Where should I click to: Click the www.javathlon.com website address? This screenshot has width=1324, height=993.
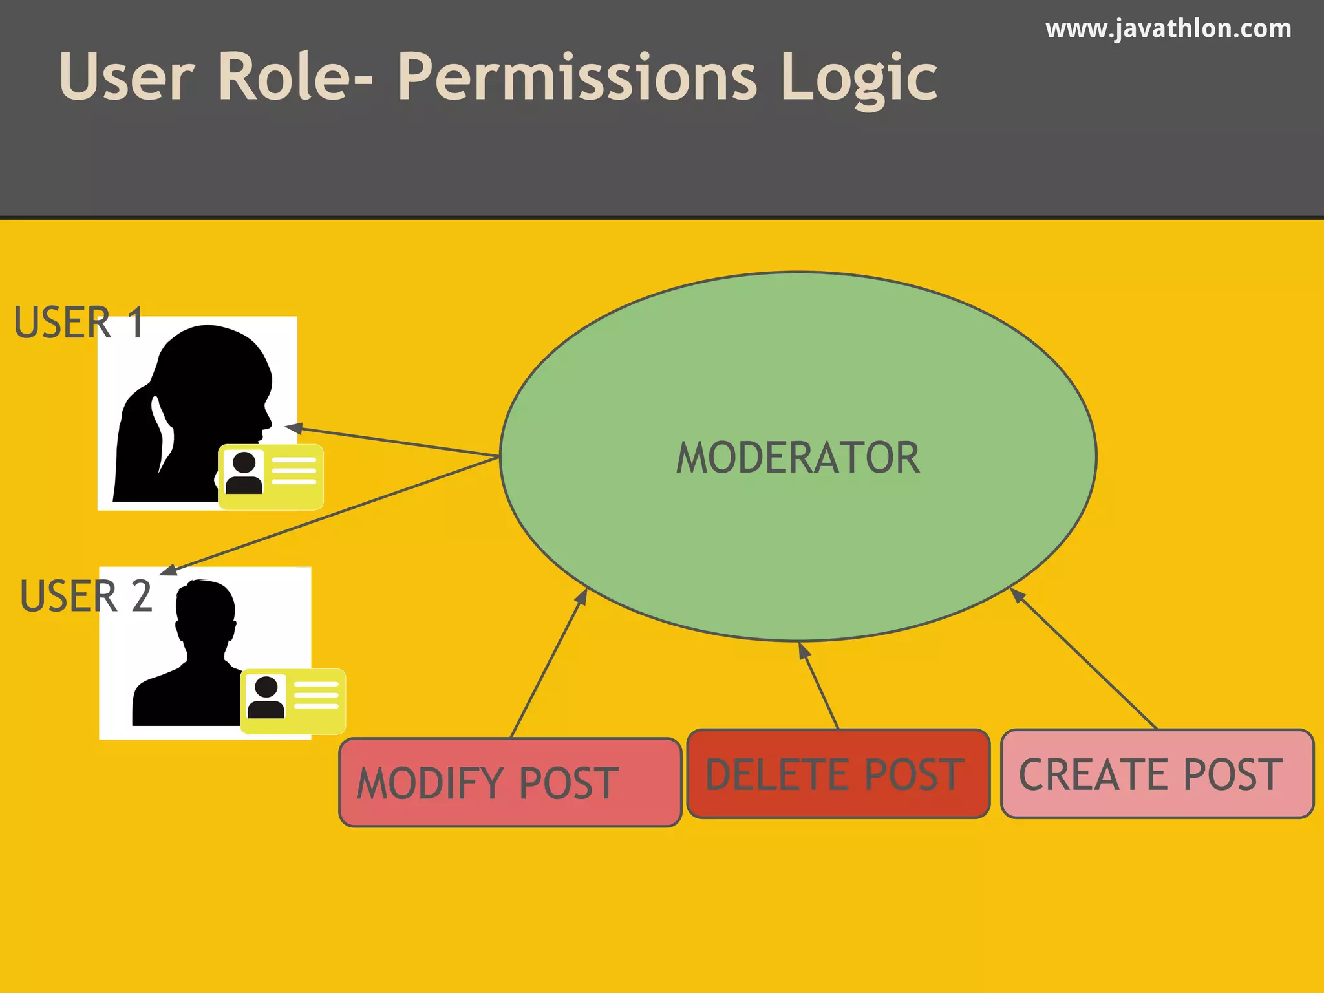pyautogui.click(x=1168, y=29)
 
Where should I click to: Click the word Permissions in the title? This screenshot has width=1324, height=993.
pyautogui.click(x=577, y=78)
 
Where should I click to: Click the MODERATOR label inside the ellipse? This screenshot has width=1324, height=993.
pyautogui.click(x=798, y=458)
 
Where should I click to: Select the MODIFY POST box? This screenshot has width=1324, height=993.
pyautogui.click(x=510, y=782)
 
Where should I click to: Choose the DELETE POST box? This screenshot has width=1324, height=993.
pyautogui.click(x=838, y=774)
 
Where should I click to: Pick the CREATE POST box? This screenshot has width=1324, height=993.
pyautogui.click(x=1157, y=774)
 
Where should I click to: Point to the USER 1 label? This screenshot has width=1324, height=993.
pyautogui.click(x=78, y=322)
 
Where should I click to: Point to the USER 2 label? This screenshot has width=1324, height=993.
pyautogui.click(x=86, y=596)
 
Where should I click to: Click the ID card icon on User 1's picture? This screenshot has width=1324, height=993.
pyautogui.click(x=271, y=476)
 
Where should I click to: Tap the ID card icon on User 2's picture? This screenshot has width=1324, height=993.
pyautogui.click(x=293, y=701)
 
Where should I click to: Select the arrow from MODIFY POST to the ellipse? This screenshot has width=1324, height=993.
pyautogui.click(x=548, y=663)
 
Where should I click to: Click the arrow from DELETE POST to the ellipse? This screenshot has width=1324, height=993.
pyautogui.click(x=818, y=685)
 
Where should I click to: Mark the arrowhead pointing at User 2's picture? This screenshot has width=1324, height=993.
pyautogui.click(x=168, y=570)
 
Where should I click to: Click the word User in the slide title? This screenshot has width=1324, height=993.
pyautogui.click(x=127, y=78)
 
